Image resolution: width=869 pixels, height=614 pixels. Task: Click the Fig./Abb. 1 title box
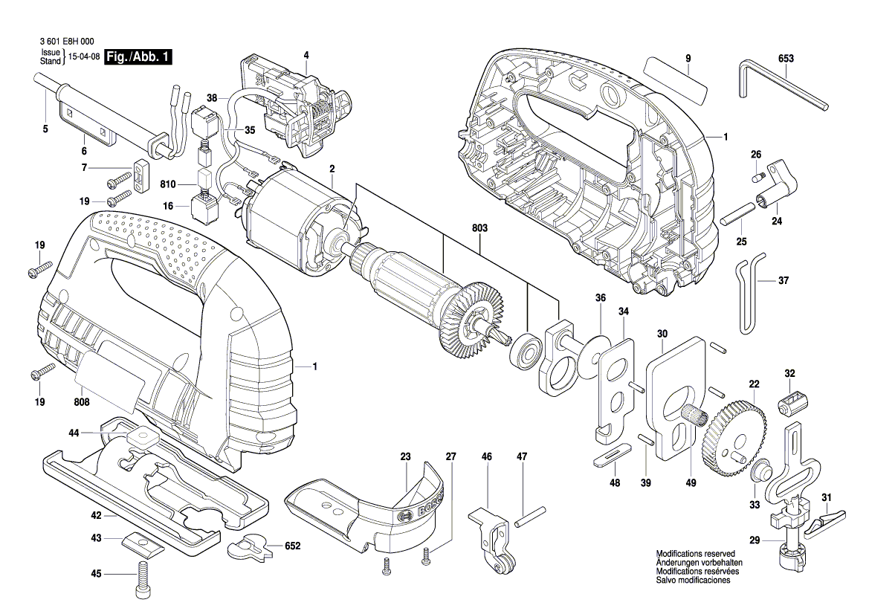tap(138, 57)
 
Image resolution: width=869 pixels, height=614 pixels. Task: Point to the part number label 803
tap(479, 229)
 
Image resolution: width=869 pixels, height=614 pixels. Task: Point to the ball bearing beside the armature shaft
tap(523, 353)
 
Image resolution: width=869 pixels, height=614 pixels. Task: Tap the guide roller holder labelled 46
tap(490, 539)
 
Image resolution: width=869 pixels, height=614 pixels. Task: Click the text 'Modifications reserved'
tap(695, 555)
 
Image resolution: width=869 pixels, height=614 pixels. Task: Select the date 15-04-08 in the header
tap(84, 57)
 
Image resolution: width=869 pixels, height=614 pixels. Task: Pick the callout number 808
tap(82, 402)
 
